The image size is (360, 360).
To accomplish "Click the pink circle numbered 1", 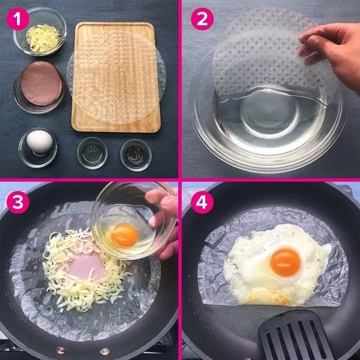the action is [x=18, y=20].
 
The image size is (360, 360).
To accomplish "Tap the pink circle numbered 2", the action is [x=202, y=20].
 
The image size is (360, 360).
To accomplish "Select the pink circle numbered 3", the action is [x=18, y=203].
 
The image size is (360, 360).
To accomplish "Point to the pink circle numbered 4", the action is [x=202, y=203].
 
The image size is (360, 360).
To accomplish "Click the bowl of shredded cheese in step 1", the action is [x=40, y=32].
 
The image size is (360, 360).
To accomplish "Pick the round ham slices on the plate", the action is [x=42, y=83].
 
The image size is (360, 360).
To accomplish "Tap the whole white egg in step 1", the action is [x=40, y=142].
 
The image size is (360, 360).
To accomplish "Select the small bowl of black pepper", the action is [x=136, y=155].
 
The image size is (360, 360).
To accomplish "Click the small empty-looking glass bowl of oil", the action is [x=92, y=153].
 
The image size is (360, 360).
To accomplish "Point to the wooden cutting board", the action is [x=116, y=77].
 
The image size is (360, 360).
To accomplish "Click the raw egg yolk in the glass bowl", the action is [x=124, y=236].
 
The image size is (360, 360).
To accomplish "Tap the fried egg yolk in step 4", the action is [x=285, y=262].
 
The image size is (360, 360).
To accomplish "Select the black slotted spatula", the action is [x=296, y=336].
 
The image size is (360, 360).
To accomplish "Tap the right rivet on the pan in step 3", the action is [x=105, y=351].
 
